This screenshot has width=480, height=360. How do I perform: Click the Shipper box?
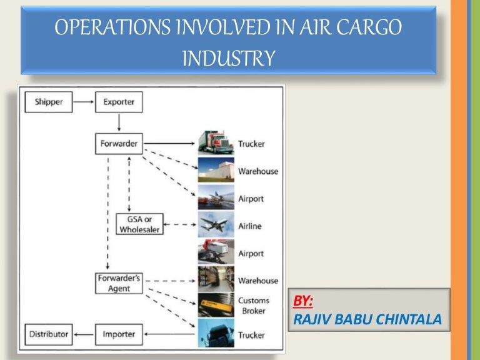pos(49,101)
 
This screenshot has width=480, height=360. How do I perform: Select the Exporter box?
pos(119,101)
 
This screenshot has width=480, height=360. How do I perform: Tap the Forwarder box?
pos(119,143)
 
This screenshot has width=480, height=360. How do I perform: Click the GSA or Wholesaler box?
pos(141,224)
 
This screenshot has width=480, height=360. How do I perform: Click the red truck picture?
pos(216,143)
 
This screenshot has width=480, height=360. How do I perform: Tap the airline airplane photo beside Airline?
pos(216,224)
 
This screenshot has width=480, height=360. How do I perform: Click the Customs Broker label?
pos(253,306)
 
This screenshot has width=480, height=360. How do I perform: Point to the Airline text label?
pos(251,226)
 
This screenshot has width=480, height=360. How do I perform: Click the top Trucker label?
pos(251,144)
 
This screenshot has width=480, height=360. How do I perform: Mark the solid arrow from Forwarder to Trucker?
pos(169,143)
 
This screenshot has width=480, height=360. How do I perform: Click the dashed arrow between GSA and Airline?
pos(180,224)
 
